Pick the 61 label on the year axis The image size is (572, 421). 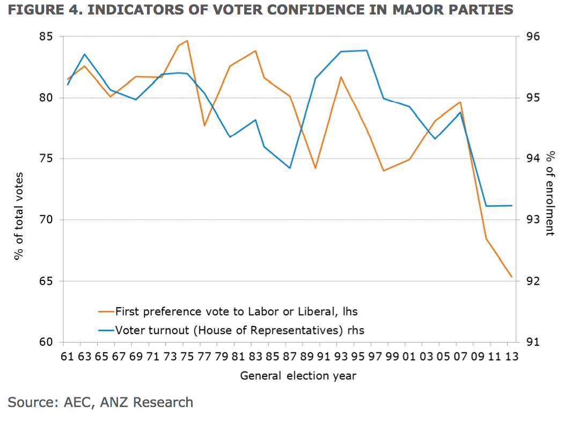click(x=68, y=357)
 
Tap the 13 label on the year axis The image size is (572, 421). click(x=511, y=357)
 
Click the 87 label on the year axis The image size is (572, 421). click(x=290, y=357)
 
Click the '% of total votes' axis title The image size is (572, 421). click(x=19, y=216)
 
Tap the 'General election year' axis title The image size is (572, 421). click(x=298, y=375)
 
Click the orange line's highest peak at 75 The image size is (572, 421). click(x=187, y=41)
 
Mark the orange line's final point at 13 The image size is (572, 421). click(x=512, y=277)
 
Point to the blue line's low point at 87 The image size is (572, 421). click(x=290, y=168)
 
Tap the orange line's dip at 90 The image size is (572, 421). click(x=316, y=168)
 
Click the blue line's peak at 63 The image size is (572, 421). click(x=85, y=54)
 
